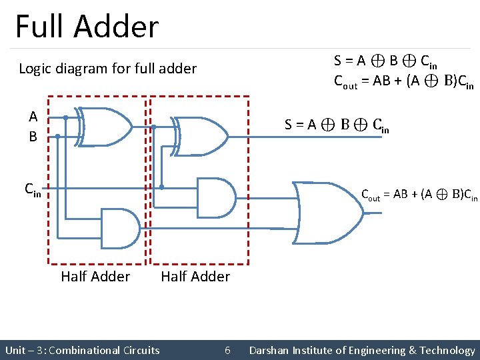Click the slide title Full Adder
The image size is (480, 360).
tap(87, 27)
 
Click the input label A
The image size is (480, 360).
tap(33, 116)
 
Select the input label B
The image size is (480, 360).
tap(33, 137)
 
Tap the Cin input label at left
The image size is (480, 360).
tap(33, 189)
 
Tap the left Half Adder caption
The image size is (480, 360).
tap(95, 276)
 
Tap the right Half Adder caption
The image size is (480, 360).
tap(195, 276)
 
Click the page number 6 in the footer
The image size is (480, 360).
tap(227, 350)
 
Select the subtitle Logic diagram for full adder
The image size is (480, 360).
tap(107, 68)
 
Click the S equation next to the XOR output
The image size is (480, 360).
tap(336, 124)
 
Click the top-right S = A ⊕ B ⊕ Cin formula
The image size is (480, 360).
tap(385, 61)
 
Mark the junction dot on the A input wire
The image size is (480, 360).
tap(65, 117)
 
